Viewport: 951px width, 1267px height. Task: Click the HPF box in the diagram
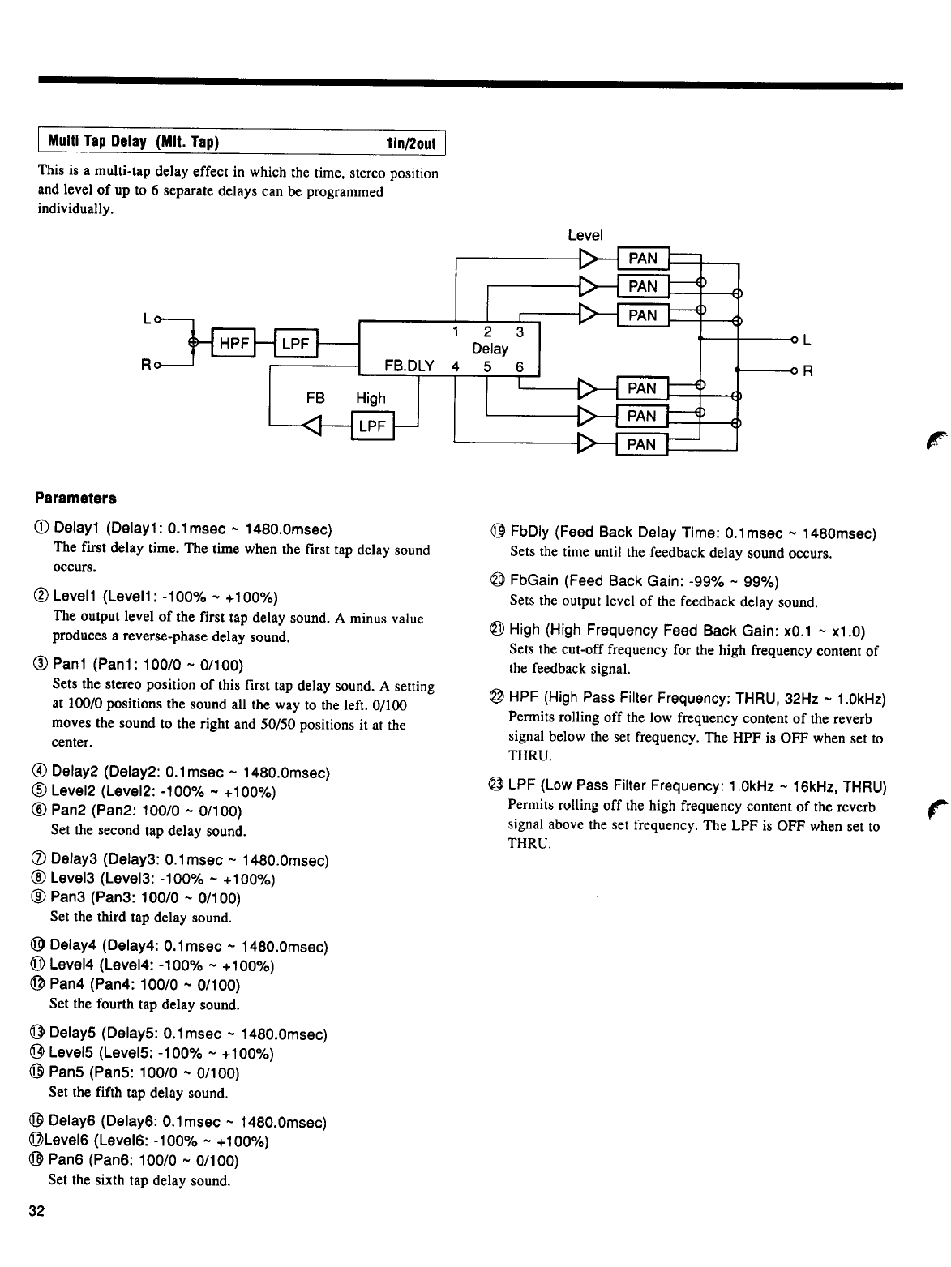[x=233, y=344]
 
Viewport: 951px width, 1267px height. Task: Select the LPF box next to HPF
[x=295, y=344]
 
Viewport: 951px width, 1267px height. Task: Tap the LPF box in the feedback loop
[x=371, y=426]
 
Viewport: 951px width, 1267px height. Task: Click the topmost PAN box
[x=643, y=259]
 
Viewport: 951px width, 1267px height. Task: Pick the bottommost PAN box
[x=641, y=444]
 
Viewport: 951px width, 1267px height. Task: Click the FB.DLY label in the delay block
[x=409, y=366]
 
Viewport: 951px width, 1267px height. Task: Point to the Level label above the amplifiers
[x=585, y=235]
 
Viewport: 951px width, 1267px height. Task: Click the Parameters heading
[x=75, y=497]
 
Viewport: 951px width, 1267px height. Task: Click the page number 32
[x=36, y=1211]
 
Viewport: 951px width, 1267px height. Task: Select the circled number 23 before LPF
[x=495, y=786]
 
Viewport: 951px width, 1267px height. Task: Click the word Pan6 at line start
[x=66, y=1161]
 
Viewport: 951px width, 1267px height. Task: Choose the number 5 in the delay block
[x=486, y=366]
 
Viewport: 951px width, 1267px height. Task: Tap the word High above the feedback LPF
[x=371, y=398]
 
